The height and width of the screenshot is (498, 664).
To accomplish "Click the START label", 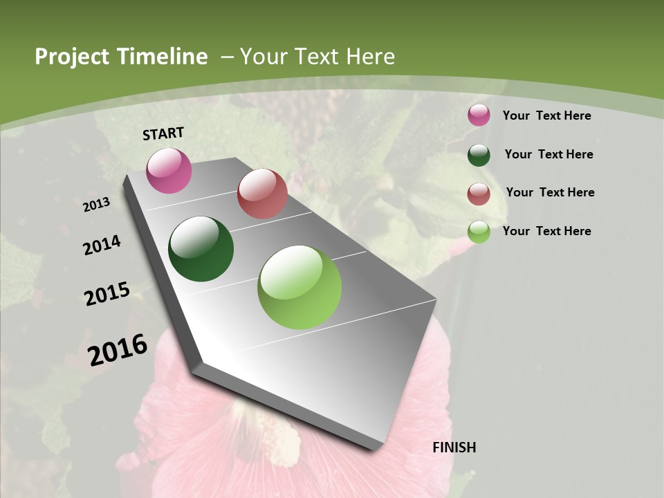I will pyautogui.click(x=163, y=133).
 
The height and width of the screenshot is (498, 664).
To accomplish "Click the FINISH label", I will pyautogui.click(x=454, y=448).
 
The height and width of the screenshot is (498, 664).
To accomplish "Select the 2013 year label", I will pyautogui.click(x=97, y=205).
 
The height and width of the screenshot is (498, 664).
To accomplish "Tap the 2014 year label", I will pyautogui.click(x=102, y=245).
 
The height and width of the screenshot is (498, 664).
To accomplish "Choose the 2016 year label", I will pyautogui.click(x=118, y=349).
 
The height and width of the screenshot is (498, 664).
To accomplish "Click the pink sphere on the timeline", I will pyautogui.click(x=169, y=170).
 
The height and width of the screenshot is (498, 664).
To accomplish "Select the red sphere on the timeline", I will pyautogui.click(x=262, y=194).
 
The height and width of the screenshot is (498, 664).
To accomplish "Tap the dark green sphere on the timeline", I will pyautogui.click(x=201, y=249).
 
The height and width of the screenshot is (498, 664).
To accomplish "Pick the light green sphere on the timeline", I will pyautogui.click(x=299, y=287).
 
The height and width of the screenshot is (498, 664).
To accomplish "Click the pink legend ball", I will pyautogui.click(x=479, y=116).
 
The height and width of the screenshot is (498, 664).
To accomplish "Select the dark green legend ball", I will pyautogui.click(x=479, y=155).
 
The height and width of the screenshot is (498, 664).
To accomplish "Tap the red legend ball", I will pyautogui.click(x=479, y=194).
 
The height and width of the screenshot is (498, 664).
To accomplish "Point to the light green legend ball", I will pyautogui.click(x=479, y=232).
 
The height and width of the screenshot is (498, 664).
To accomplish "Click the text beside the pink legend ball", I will pyautogui.click(x=546, y=116).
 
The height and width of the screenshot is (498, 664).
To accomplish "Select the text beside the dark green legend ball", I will pyautogui.click(x=548, y=154).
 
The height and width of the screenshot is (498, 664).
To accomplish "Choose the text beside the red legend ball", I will pyautogui.click(x=550, y=192).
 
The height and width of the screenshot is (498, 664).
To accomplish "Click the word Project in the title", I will pyautogui.click(x=73, y=57).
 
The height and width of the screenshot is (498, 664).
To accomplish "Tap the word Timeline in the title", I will pyautogui.click(x=163, y=57).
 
